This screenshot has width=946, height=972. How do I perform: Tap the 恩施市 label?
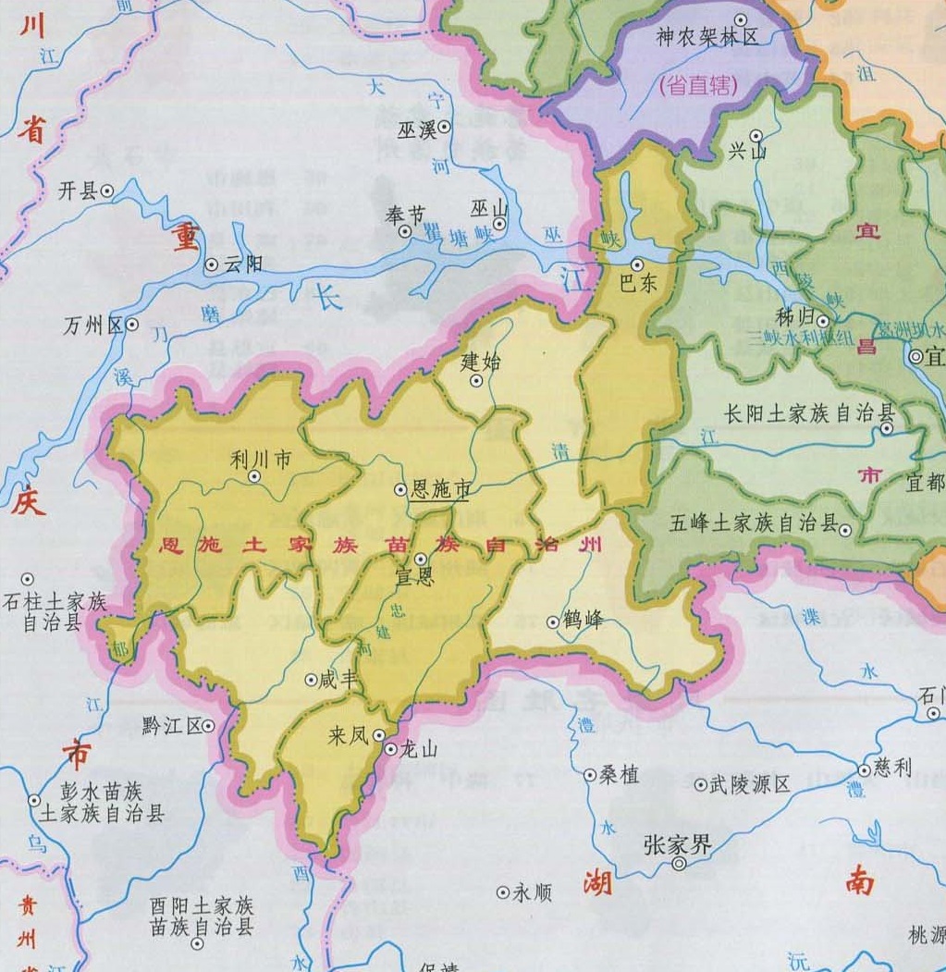pos(441,490)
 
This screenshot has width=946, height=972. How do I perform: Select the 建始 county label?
pos(480,362)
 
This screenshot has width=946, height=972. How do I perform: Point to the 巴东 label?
pos(637,284)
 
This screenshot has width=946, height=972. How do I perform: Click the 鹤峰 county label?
pos(582,620)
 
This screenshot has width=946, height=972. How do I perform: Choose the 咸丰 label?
pos(337,680)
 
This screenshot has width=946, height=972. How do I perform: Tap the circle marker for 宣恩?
pos(420,559)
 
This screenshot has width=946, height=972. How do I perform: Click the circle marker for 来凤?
pos(379,735)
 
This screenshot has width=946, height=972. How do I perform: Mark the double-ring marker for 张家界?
pos(679,864)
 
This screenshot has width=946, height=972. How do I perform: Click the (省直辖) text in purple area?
pos(698,86)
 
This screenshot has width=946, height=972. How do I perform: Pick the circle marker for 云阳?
pos(212,265)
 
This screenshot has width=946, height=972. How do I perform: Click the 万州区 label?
pos(94,326)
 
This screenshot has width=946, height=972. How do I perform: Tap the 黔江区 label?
pos(172,726)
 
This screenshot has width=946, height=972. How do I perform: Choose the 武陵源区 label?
pos(750,785)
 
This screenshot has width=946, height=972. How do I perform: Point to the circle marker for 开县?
pos(107,191)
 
